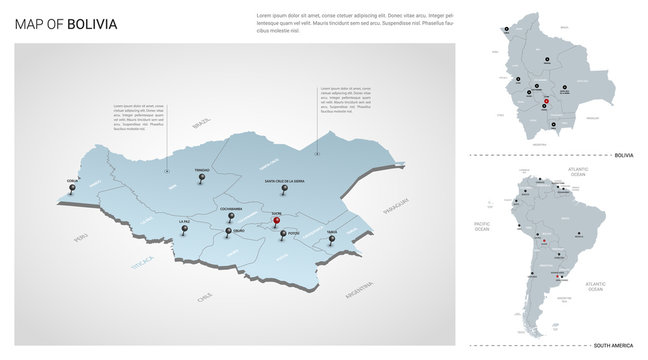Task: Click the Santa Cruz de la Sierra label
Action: point(285,181)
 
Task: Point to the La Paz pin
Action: point(184,231)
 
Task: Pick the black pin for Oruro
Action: point(229,233)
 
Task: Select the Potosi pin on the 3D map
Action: point(283,235)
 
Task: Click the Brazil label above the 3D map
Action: point(203,124)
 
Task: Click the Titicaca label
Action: point(142,263)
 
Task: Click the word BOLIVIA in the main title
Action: point(92,23)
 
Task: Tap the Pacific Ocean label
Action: point(482,227)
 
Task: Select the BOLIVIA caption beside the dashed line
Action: point(624,155)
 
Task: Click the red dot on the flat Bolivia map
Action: point(546,103)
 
